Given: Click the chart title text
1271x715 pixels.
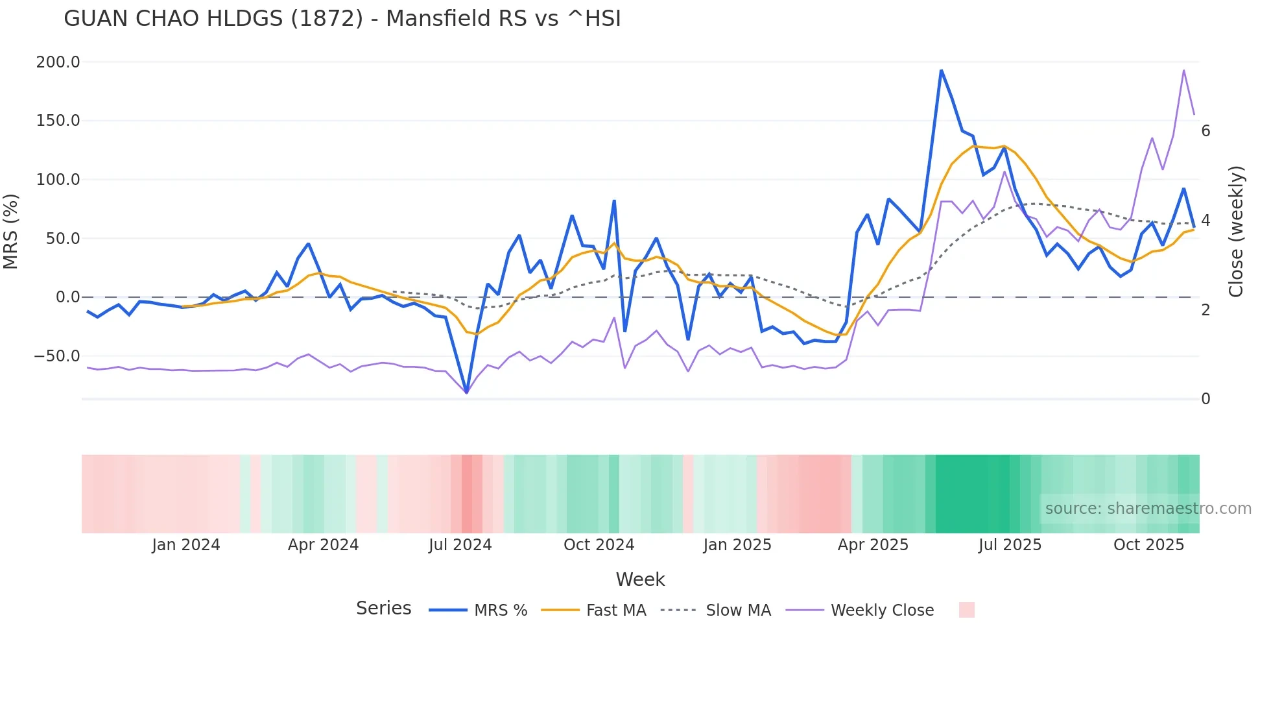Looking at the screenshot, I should [x=342, y=19].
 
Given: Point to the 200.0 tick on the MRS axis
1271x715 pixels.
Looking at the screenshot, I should [x=58, y=62].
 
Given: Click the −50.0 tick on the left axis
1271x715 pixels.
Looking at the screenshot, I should [x=56, y=356].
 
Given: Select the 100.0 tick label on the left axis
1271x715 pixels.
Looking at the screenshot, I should [x=58, y=180].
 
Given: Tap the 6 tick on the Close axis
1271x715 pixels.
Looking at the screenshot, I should [x=1206, y=131].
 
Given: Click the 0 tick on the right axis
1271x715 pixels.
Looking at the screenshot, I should [x=1206, y=399].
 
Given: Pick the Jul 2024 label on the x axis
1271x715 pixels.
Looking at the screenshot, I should [x=460, y=545].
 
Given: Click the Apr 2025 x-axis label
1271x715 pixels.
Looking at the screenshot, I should [x=873, y=545].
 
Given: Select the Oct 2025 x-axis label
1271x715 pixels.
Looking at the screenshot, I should [x=1148, y=545].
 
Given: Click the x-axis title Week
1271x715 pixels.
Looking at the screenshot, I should [x=640, y=579].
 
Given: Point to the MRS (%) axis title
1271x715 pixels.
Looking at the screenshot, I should [x=11, y=231].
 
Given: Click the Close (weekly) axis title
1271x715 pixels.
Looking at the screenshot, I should [x=1236, y=231].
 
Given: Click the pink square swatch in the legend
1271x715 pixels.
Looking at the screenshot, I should [x=966, y=610].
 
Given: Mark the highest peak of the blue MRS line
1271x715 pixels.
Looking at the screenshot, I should [x=941, y=71].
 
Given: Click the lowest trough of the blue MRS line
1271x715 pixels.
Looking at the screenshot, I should [x=466, y=392].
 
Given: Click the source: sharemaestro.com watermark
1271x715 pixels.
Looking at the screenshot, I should [x=1148, y=509].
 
